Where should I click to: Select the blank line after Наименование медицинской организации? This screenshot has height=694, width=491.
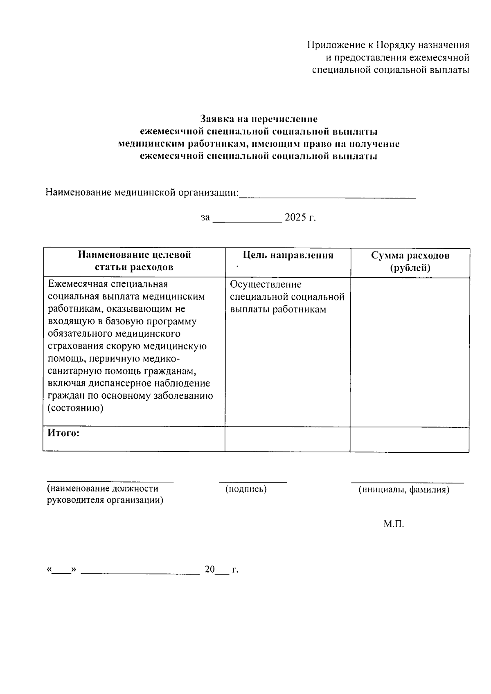pyautogui.click(x=327, y=195)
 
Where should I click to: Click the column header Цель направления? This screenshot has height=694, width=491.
pyautogui.click(x=288, y=256)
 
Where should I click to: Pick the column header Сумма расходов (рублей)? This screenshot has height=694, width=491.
pyautogui.click(x=410, y=262)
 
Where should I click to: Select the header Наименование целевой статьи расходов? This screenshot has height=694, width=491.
pyautogui.click(x=134, y=261)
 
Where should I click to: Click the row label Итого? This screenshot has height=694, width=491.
pyautogui.click(x=63, y=433)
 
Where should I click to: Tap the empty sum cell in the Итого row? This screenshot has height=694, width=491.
pyautogui.click(x=409, y=440)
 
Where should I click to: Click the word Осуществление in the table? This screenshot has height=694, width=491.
pyautogui.click(x=266, y=284)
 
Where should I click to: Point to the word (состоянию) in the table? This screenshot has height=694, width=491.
pyautogui.click(x=75, y=408)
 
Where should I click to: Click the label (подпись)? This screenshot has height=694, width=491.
pyautogui.click(x=246, y=489)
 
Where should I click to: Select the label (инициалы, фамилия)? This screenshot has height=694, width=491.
pyautogui.click(x=404, y=490)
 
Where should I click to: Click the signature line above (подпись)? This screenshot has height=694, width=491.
pyautogui.click(x=253, y=481)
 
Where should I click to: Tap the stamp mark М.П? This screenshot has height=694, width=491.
pyautogui.click(x=394, y=524)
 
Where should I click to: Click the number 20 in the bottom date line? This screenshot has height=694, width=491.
pyautogui.click(x=209, y=569)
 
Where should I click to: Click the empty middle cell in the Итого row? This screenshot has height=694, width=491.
pyautogui.click(x=287, y=440)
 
